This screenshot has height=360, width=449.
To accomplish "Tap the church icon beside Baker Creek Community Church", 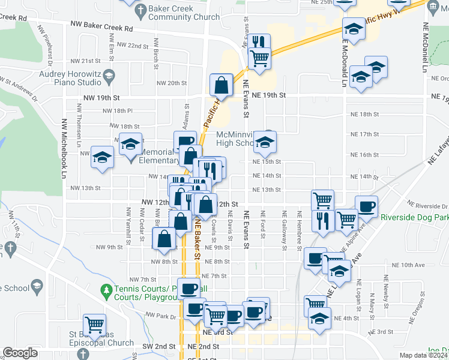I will pyautogui.click(x=140, y=10).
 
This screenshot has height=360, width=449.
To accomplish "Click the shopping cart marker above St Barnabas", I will pyautogui.click(x=94, y=325).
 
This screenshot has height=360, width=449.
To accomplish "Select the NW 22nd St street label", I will pyautogui.click(x=133, y=46).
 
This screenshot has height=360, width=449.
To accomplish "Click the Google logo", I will pyautogui.click(x=20, y=353).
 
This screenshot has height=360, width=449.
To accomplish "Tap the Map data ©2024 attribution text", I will pyautogui.click(x=424, y=355).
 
